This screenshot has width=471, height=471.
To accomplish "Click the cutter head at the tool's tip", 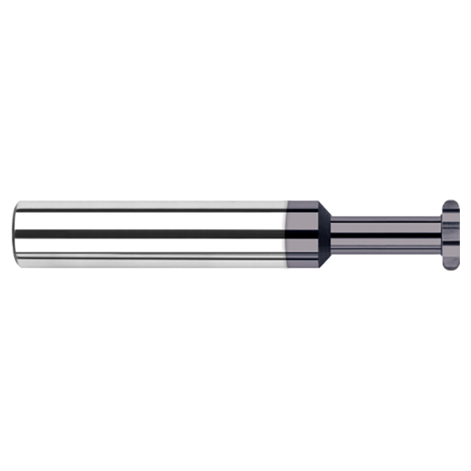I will coord(450,234).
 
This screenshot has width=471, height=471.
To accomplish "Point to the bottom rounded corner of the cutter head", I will coord(451,265).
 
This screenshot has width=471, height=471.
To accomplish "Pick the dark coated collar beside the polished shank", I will coord(302,234).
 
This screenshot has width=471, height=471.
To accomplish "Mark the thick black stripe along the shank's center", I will coord(147,234).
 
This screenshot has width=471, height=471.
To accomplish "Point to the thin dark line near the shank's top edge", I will coord(147,210).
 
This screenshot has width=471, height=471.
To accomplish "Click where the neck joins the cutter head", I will coord(442,234).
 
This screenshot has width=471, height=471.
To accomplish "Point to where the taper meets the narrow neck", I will coord(332,234).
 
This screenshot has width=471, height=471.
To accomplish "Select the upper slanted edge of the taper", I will coord(324,209).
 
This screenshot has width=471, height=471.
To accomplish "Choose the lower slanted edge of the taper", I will coord(324,259).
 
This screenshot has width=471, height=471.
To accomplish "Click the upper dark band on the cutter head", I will coord(450,216).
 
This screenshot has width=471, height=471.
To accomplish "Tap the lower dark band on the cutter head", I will coord(450,253).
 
